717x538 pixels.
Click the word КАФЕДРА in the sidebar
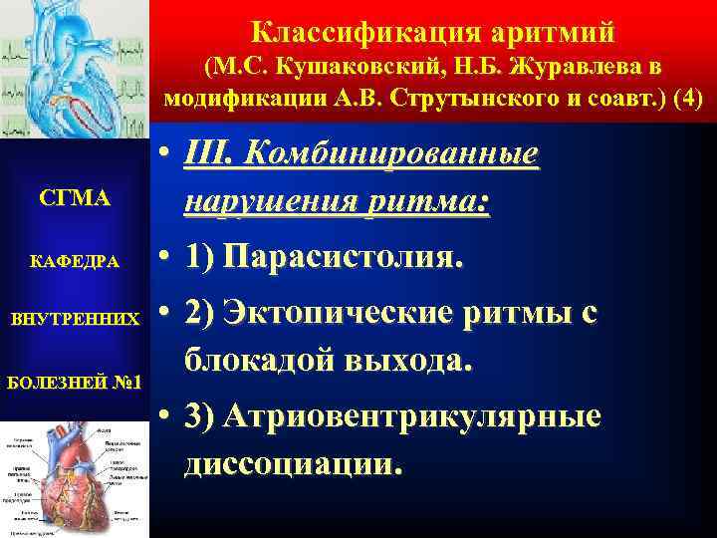click(74, 262)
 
